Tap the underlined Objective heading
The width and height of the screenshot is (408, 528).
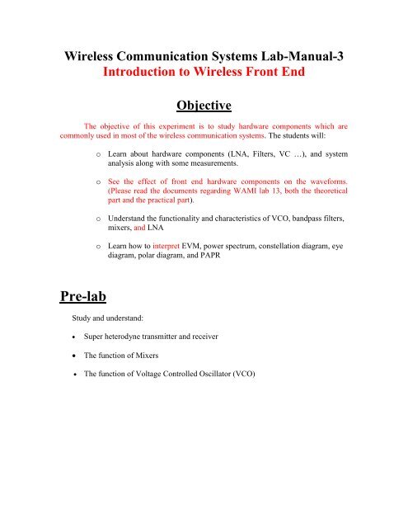point(204,107)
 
